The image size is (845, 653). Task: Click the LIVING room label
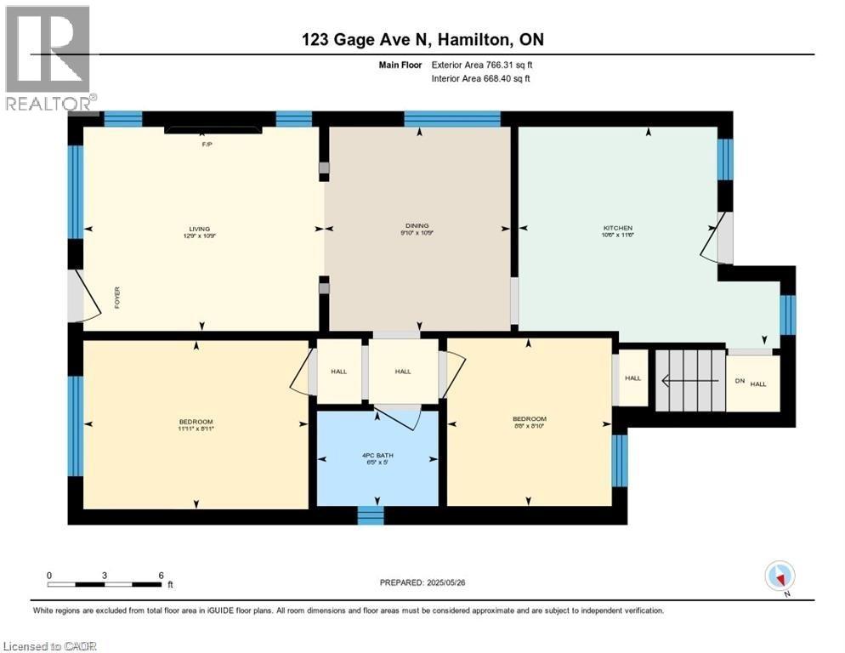[x=201, y=228]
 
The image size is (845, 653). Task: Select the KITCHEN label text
[x=617, y=228]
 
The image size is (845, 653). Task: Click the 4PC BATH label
[x=377, y=455]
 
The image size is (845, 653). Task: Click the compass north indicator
[x=780, y=576]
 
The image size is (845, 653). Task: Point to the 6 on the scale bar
[x=161, y=575]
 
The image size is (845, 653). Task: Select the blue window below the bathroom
[x=370, y=515]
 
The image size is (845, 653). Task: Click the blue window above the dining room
[x=451, y=119]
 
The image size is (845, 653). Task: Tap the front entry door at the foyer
[x=77, y=297]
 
